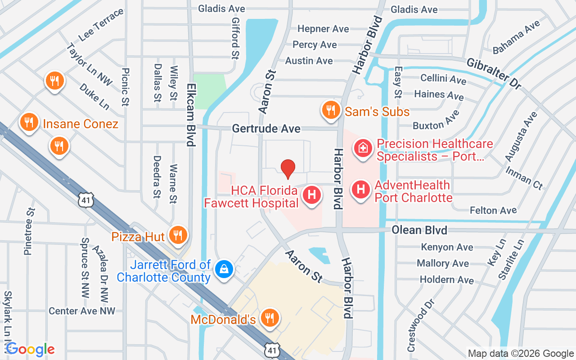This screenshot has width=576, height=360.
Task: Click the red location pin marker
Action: (288, 168)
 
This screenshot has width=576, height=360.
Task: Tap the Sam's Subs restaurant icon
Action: (331, 110)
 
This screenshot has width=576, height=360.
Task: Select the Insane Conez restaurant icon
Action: (29, 122)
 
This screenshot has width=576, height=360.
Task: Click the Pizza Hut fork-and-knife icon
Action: (178, 234)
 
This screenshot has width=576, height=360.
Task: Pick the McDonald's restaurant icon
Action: (270, 318)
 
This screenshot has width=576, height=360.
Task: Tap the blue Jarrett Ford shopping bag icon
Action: (223, 270)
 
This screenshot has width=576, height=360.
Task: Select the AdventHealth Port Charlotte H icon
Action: (360, 189)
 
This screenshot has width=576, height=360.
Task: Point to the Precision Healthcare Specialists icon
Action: (363, 148)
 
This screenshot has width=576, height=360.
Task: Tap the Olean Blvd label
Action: (419, 230)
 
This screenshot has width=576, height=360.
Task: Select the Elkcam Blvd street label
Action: (191, 115)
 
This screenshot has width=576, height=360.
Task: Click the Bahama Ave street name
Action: (516, 37)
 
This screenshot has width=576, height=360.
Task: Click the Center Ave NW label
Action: (82, 311)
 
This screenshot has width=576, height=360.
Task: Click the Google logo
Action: (30, 349)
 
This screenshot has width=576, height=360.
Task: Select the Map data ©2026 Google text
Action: (521, 354)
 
